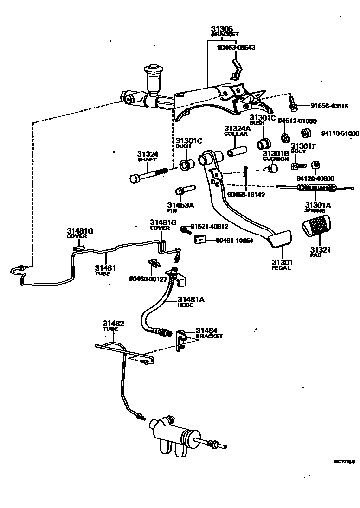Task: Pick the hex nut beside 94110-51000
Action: pos(306,133)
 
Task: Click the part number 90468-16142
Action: pos(246,195)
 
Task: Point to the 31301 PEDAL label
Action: pos(281,265)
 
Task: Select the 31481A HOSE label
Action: pos(191,302)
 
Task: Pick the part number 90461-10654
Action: pos(234,241)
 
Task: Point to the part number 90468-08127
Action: pos(148,279)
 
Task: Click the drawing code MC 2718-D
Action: pos(344,461)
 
